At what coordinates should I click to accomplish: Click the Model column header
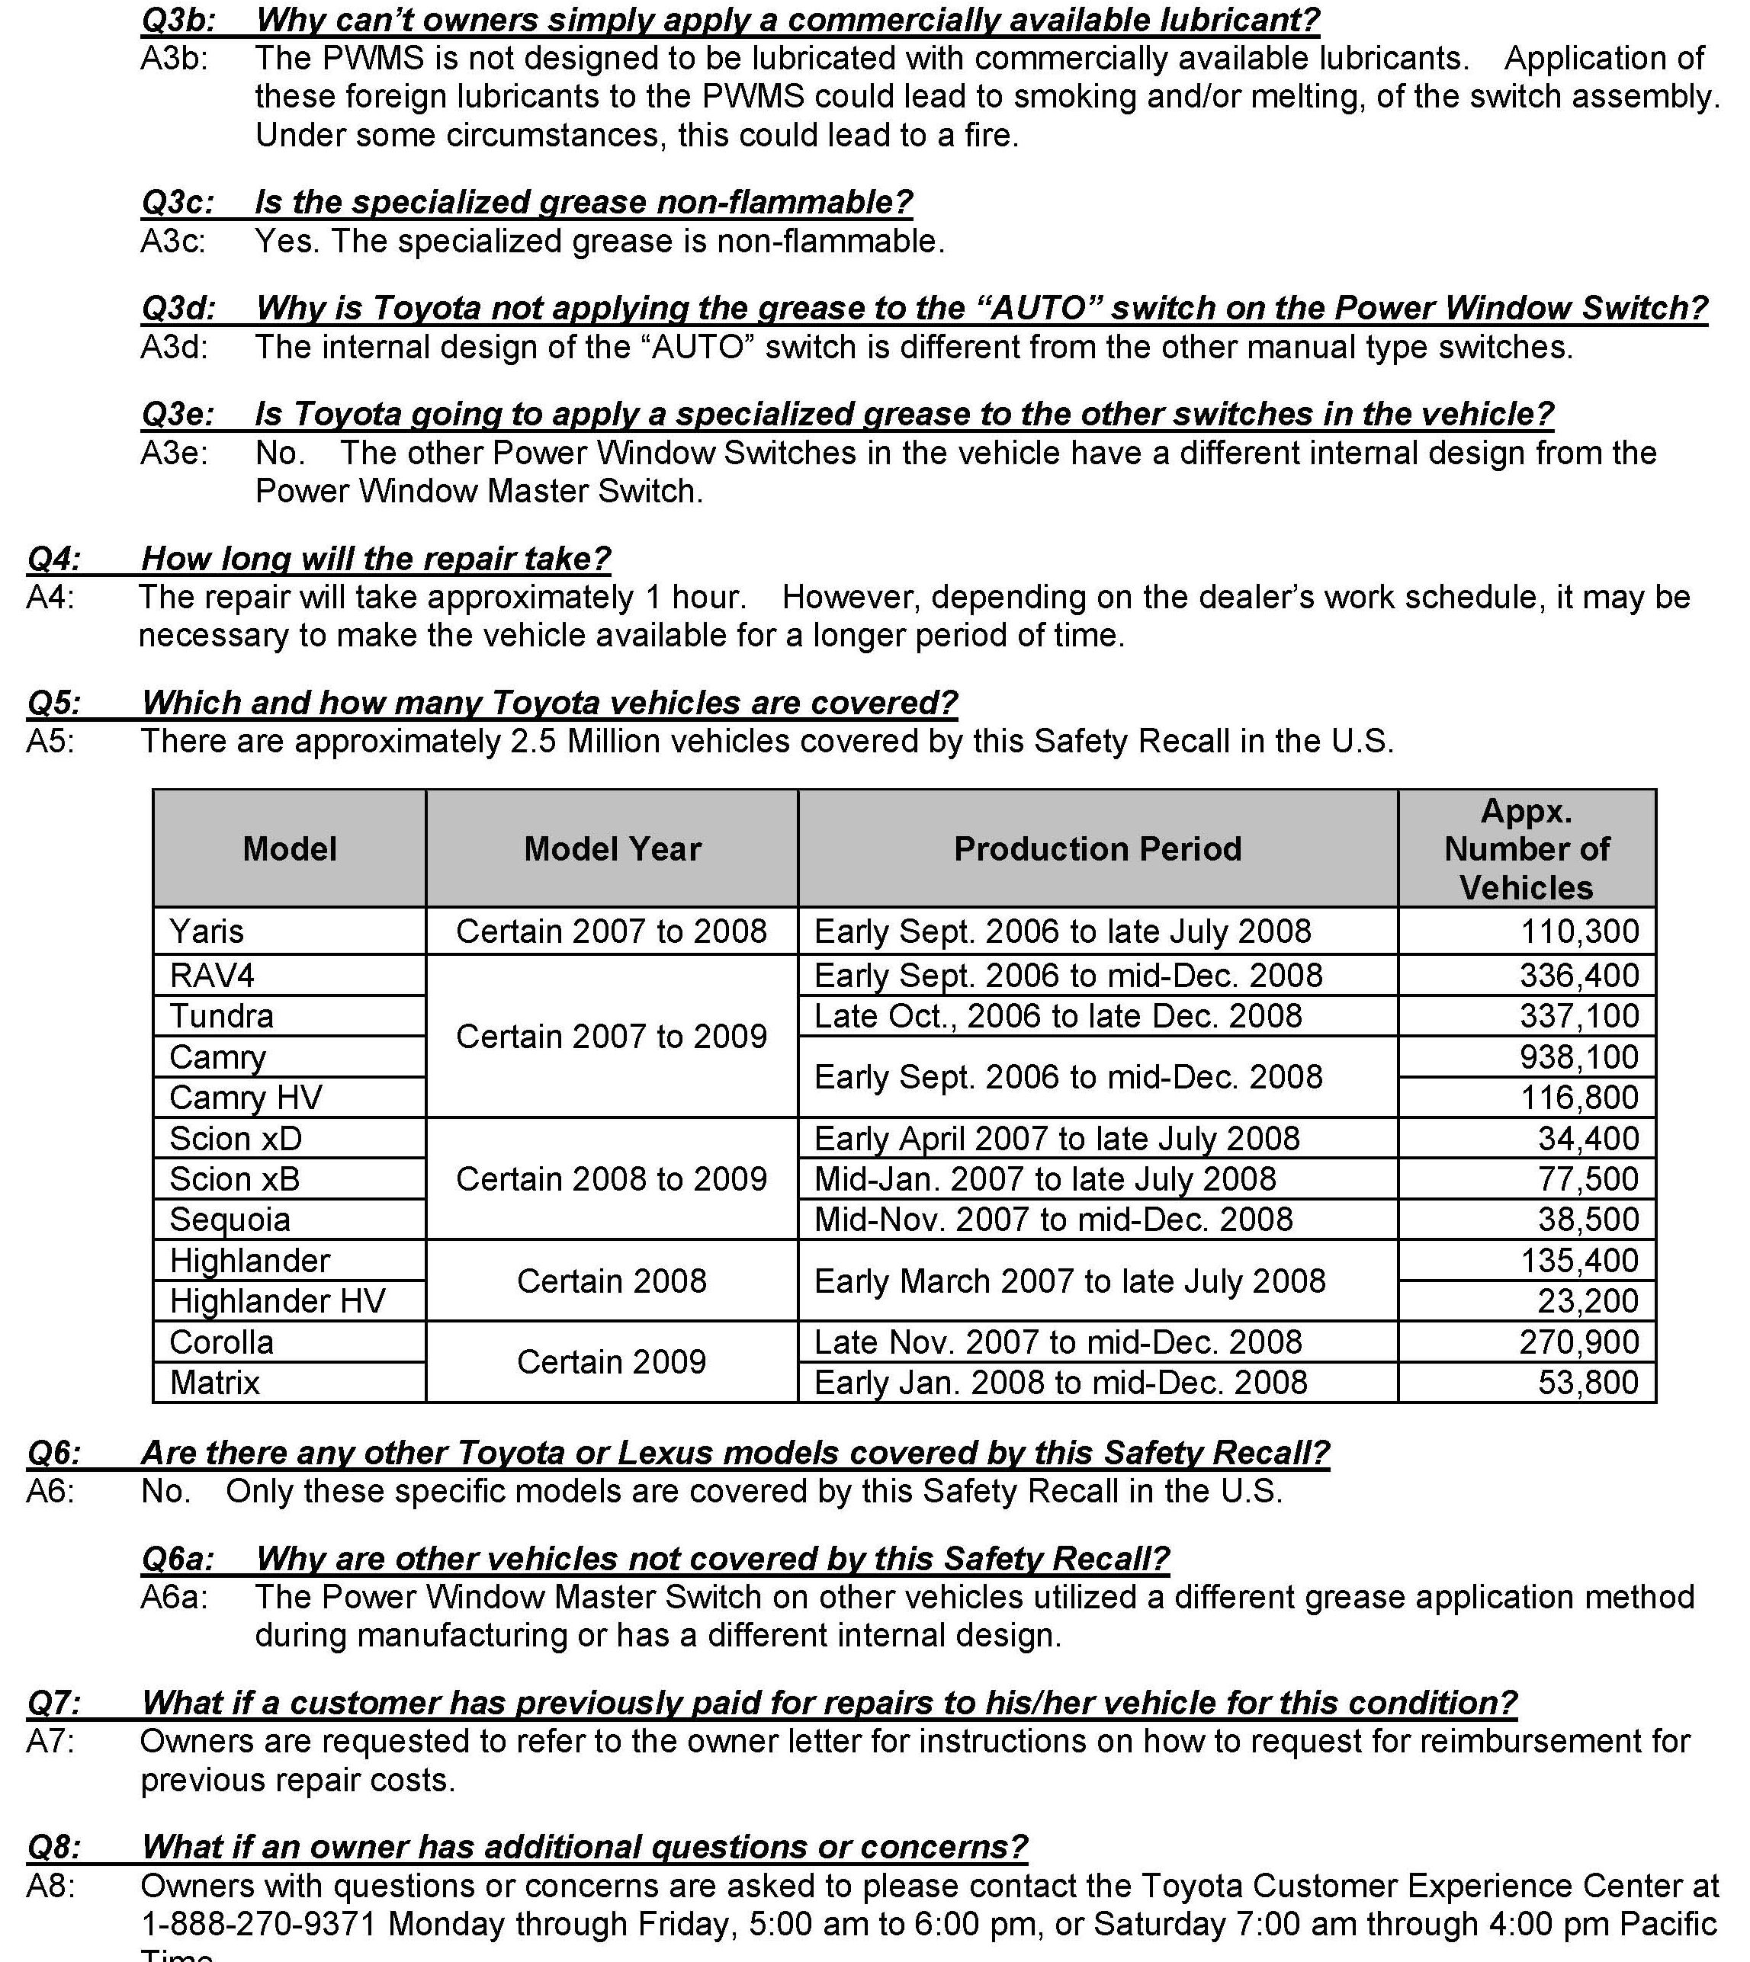tap(290, 849)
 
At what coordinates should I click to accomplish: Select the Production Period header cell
tap(1097, 849)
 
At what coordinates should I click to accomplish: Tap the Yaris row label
tap(207, 931)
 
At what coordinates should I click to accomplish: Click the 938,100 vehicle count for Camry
tap(1579, 1056)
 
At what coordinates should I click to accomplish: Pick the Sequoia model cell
tap(230, 1219)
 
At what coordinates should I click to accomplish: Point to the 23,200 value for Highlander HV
tap(1588, 1300)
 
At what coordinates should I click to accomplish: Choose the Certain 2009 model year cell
tap(612, 1361)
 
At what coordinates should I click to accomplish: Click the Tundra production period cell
tap(1058, 1016)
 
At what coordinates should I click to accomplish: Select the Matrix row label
tap(214, 1383)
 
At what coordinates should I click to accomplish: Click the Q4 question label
tap(53, 559)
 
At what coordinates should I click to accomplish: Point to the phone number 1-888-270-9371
tap(258, 1924)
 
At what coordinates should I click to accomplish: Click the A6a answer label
tap(173, 1597)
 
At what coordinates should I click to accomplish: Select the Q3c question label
tap(177, 202)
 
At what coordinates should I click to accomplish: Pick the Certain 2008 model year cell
tap(612, 1281)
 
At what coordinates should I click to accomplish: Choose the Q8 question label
tap(53, 1847)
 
